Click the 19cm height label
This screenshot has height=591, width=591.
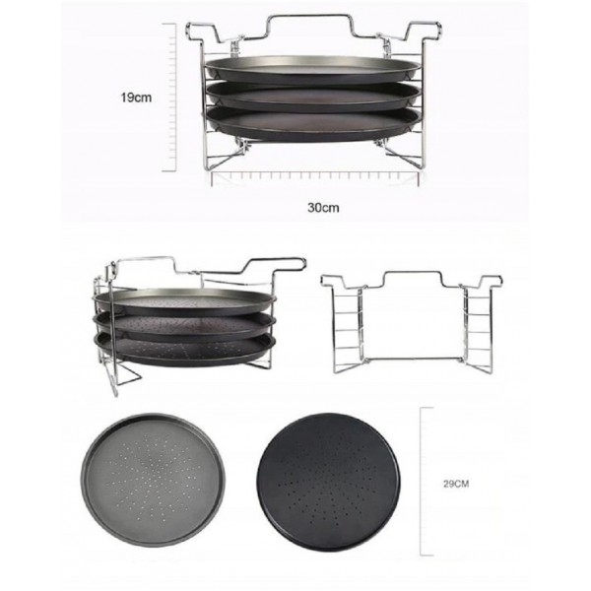[136, 98]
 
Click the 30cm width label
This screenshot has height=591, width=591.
[323, 208]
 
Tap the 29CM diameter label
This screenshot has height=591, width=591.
[456, 484]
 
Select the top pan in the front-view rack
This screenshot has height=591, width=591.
[312, 71]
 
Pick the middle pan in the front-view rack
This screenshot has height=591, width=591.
[313, 97]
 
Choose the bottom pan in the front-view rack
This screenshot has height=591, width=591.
[313, 124]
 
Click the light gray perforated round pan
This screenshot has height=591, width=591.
[153, 480]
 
